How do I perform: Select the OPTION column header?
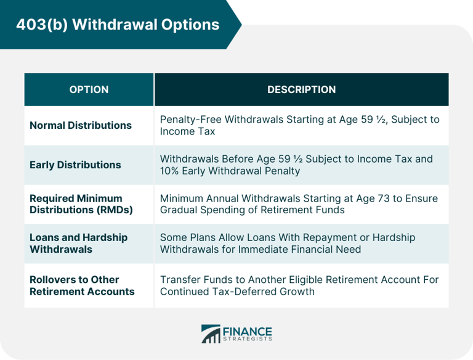click(x=89, y=89)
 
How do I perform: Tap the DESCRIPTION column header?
click(x=301, y=89)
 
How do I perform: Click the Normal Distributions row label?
click(x=81, y=125)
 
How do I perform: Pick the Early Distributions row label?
click(x=75, y=165)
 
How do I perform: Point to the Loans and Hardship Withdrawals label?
click(x=78, y=243)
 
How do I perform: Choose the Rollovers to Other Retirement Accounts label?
click(x=82, y=285)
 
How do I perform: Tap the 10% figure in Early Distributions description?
click(x=171, y=171)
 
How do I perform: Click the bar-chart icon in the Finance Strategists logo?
click(x=211, y=333)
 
